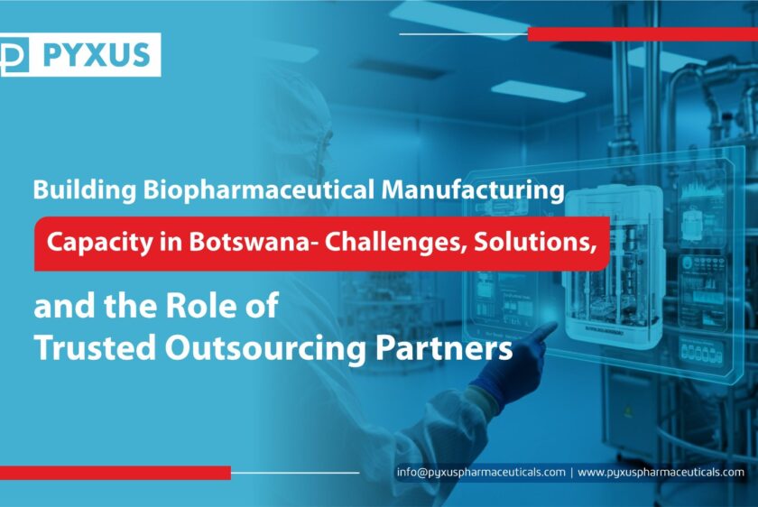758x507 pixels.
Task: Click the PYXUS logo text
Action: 97,55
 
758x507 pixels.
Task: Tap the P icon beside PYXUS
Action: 14,55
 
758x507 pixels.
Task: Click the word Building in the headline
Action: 85,190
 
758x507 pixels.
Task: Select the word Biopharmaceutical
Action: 259,190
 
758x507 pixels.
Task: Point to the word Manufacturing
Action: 473,190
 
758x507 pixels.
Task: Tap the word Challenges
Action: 396,243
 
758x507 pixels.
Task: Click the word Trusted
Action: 96,348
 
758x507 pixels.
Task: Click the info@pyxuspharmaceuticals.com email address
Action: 481,472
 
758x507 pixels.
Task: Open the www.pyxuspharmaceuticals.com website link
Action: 661,472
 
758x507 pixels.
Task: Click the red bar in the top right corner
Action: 642,34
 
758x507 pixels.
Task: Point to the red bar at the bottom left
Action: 116,473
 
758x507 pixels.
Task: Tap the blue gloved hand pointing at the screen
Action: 512,364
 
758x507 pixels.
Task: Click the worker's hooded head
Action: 299,125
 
